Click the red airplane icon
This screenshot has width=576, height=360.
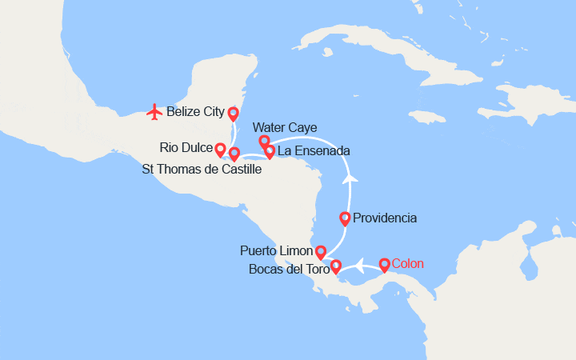point(155,112)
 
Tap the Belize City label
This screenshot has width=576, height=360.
point(195,112)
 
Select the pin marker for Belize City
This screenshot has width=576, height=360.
point(234,114)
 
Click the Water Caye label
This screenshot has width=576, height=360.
point(284,127)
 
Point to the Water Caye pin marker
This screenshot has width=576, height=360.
point(264,142)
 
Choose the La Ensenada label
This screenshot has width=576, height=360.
point(313,150)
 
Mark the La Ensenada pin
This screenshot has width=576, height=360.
point(270,150)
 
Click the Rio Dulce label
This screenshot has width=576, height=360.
point(186,148)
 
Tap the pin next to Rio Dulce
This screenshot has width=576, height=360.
point(220,149)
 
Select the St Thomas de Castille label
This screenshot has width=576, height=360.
point(202,169)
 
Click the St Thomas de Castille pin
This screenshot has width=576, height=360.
point(234,153)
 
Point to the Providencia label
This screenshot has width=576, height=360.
point(385,218)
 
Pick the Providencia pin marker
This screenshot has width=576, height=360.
point(345,218)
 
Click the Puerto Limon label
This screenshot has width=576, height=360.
point(276,251)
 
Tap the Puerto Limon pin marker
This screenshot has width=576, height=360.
point(320,252)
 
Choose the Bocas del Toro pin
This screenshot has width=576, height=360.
point(336,266)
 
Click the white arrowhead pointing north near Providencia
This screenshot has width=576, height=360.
point(350,178)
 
